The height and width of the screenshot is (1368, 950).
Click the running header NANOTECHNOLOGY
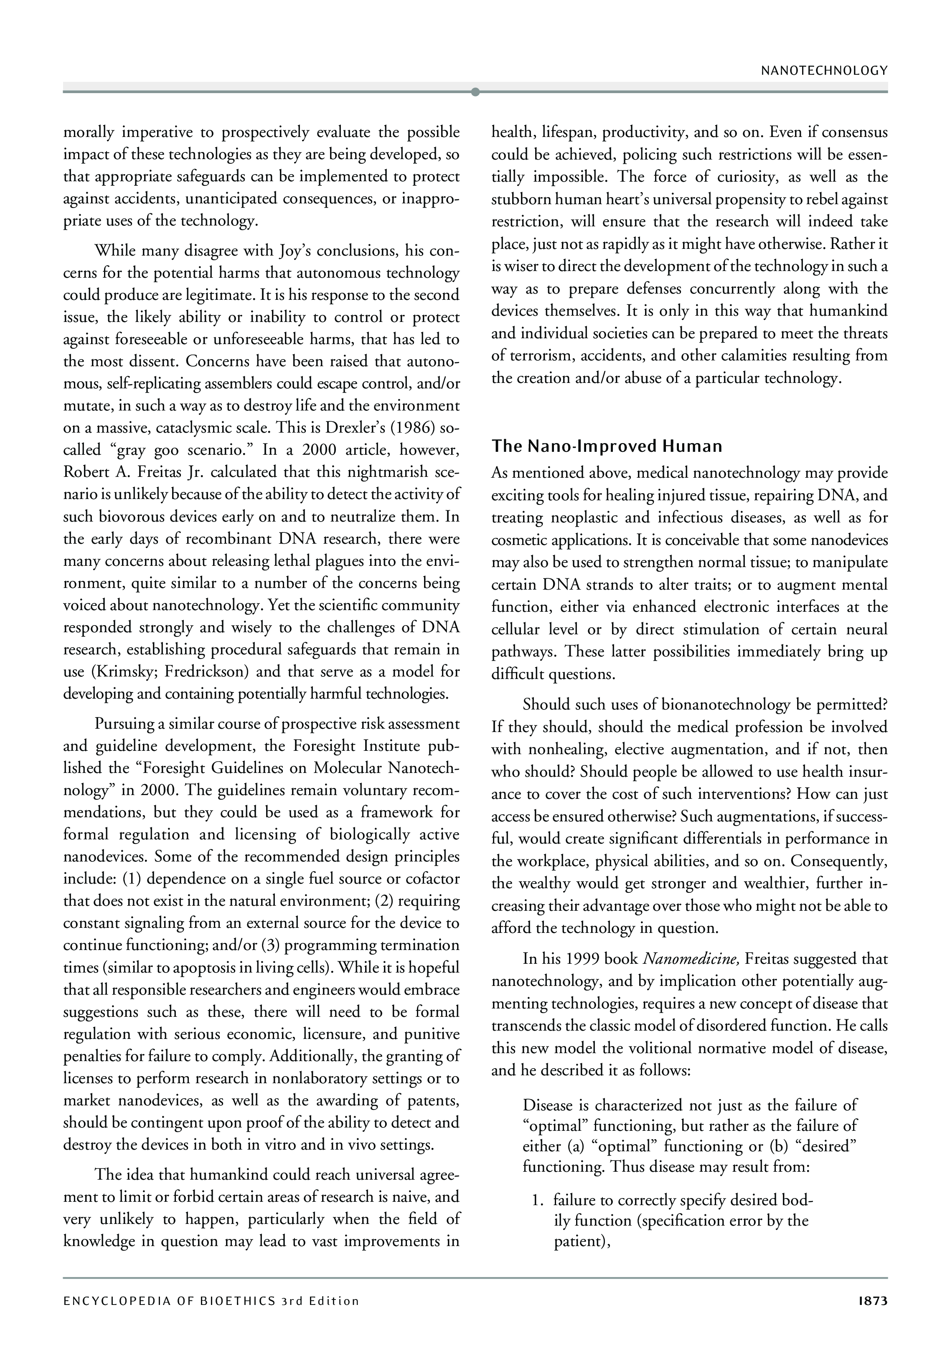tap(824, 71)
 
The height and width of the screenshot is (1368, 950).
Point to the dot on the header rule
tap(475, 91)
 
